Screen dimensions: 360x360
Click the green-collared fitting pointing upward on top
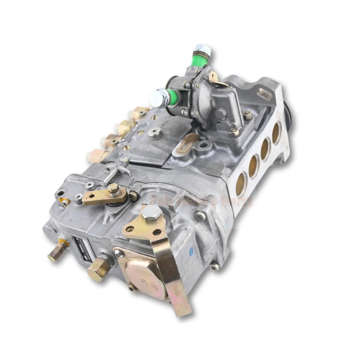[x=202, y=54]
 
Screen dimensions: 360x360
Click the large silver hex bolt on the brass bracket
[x=152, y=213]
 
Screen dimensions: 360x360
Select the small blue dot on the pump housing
[x=191, y=249]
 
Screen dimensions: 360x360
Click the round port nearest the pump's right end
[x=276, y=132]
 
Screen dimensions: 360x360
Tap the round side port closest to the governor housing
[x=241, y=184]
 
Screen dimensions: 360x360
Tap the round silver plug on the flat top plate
[x=155, y=133]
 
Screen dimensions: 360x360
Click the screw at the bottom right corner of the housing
[x=215, y=267]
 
